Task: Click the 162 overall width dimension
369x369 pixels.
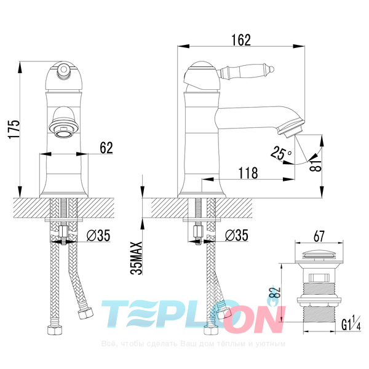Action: pos(241,40)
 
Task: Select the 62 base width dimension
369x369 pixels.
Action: pos(106,148)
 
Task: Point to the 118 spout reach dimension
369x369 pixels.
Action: pos(248,173)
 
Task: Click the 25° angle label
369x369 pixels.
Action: pos(281,153)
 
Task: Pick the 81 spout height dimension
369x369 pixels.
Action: pos(315,165)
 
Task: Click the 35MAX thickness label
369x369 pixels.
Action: pos(137,258)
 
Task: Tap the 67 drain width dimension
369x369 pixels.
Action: pos(319,236)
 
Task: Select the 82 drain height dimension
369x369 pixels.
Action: pos(276,293)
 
